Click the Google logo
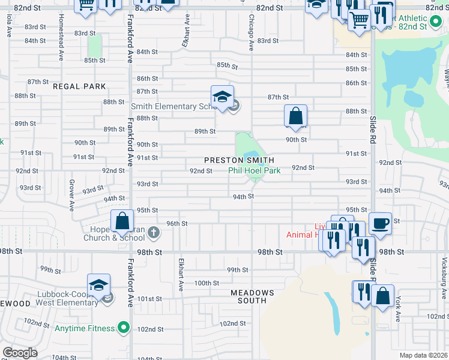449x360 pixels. coord(20,353)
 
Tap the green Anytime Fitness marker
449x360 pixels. coord(123,328)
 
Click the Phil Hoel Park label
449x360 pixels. coord(255,170)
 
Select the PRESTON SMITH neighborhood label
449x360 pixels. coord(239,160)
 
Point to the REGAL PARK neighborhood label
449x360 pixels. coord(79,86)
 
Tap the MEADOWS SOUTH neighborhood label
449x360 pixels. coord(253,298)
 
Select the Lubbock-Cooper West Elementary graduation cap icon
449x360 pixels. coord(98,285)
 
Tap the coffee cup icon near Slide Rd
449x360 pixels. coord(380,223)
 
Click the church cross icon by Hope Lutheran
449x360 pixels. coord(154,232)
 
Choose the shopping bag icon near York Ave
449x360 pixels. coord(382,295)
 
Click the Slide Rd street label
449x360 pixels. coord(372,129)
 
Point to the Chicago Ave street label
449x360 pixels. coord(252,33)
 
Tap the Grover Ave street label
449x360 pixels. coord(71,195)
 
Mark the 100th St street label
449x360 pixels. coord(206,283)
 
